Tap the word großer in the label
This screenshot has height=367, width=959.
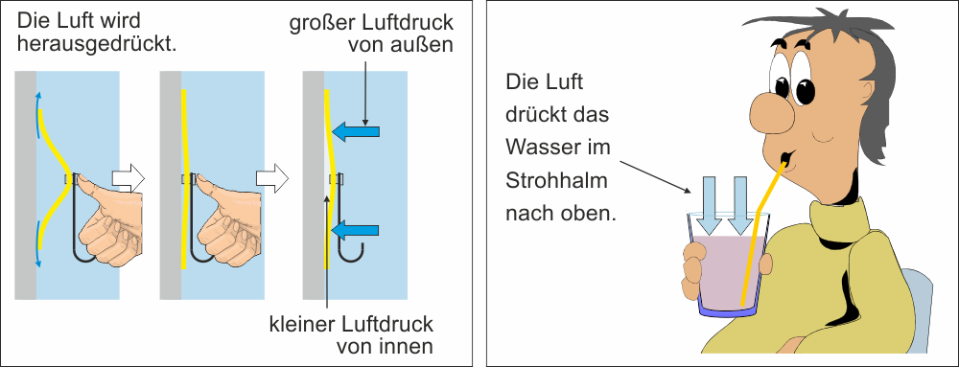(x=319, y=23)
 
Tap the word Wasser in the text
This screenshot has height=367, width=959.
(x=541, y=148)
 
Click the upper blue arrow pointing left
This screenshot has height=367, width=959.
(x=356, y=130)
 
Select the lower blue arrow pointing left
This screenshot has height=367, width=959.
(x=356, y=230)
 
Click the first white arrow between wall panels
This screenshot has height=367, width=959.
(x=129, y=177)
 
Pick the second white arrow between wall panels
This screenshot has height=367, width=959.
(x=271, y=177)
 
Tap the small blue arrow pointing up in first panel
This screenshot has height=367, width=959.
(x=39, y=111)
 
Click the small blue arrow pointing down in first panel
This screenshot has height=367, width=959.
(x=39, y=246)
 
